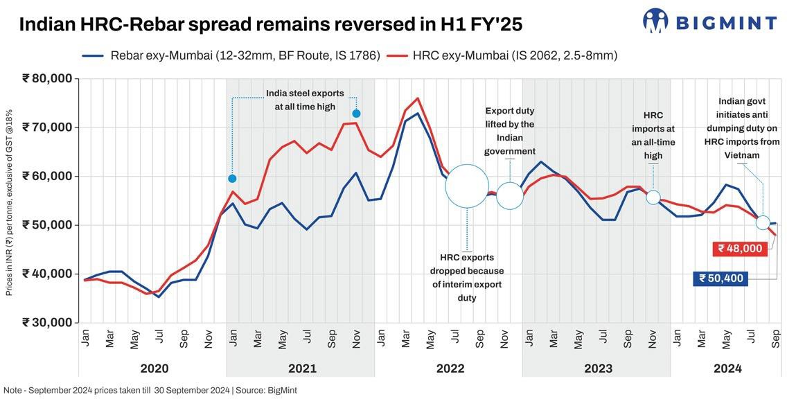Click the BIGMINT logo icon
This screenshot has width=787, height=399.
click(x=655, y=21)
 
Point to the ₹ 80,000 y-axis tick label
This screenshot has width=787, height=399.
click(x=47, y=78)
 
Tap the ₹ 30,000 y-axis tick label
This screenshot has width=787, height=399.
click(x=47, y=322)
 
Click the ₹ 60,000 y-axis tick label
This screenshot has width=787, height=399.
click(x=47, y=176)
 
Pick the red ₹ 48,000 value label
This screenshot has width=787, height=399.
click(x=739, y=249)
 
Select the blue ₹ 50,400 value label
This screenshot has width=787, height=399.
click(x=720, y=278)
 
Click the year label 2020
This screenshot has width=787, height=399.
click(x=154, y=369)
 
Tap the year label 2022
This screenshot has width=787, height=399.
click(x=450, y=369)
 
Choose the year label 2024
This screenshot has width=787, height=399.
click(x=727, y=369)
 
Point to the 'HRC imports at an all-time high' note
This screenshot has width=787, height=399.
click(x=653, y=135)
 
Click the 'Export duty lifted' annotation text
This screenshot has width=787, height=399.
click(x=510, y=131)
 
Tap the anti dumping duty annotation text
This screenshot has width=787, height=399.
click(x=742, y=128)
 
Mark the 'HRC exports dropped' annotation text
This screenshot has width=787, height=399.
click(x=467, y=278)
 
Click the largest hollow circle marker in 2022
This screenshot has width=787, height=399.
click(x=467, y=186)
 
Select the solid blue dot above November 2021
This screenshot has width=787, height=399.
click(x=356, y=114)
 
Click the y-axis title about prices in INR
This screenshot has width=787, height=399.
click(x=10, y=202)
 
